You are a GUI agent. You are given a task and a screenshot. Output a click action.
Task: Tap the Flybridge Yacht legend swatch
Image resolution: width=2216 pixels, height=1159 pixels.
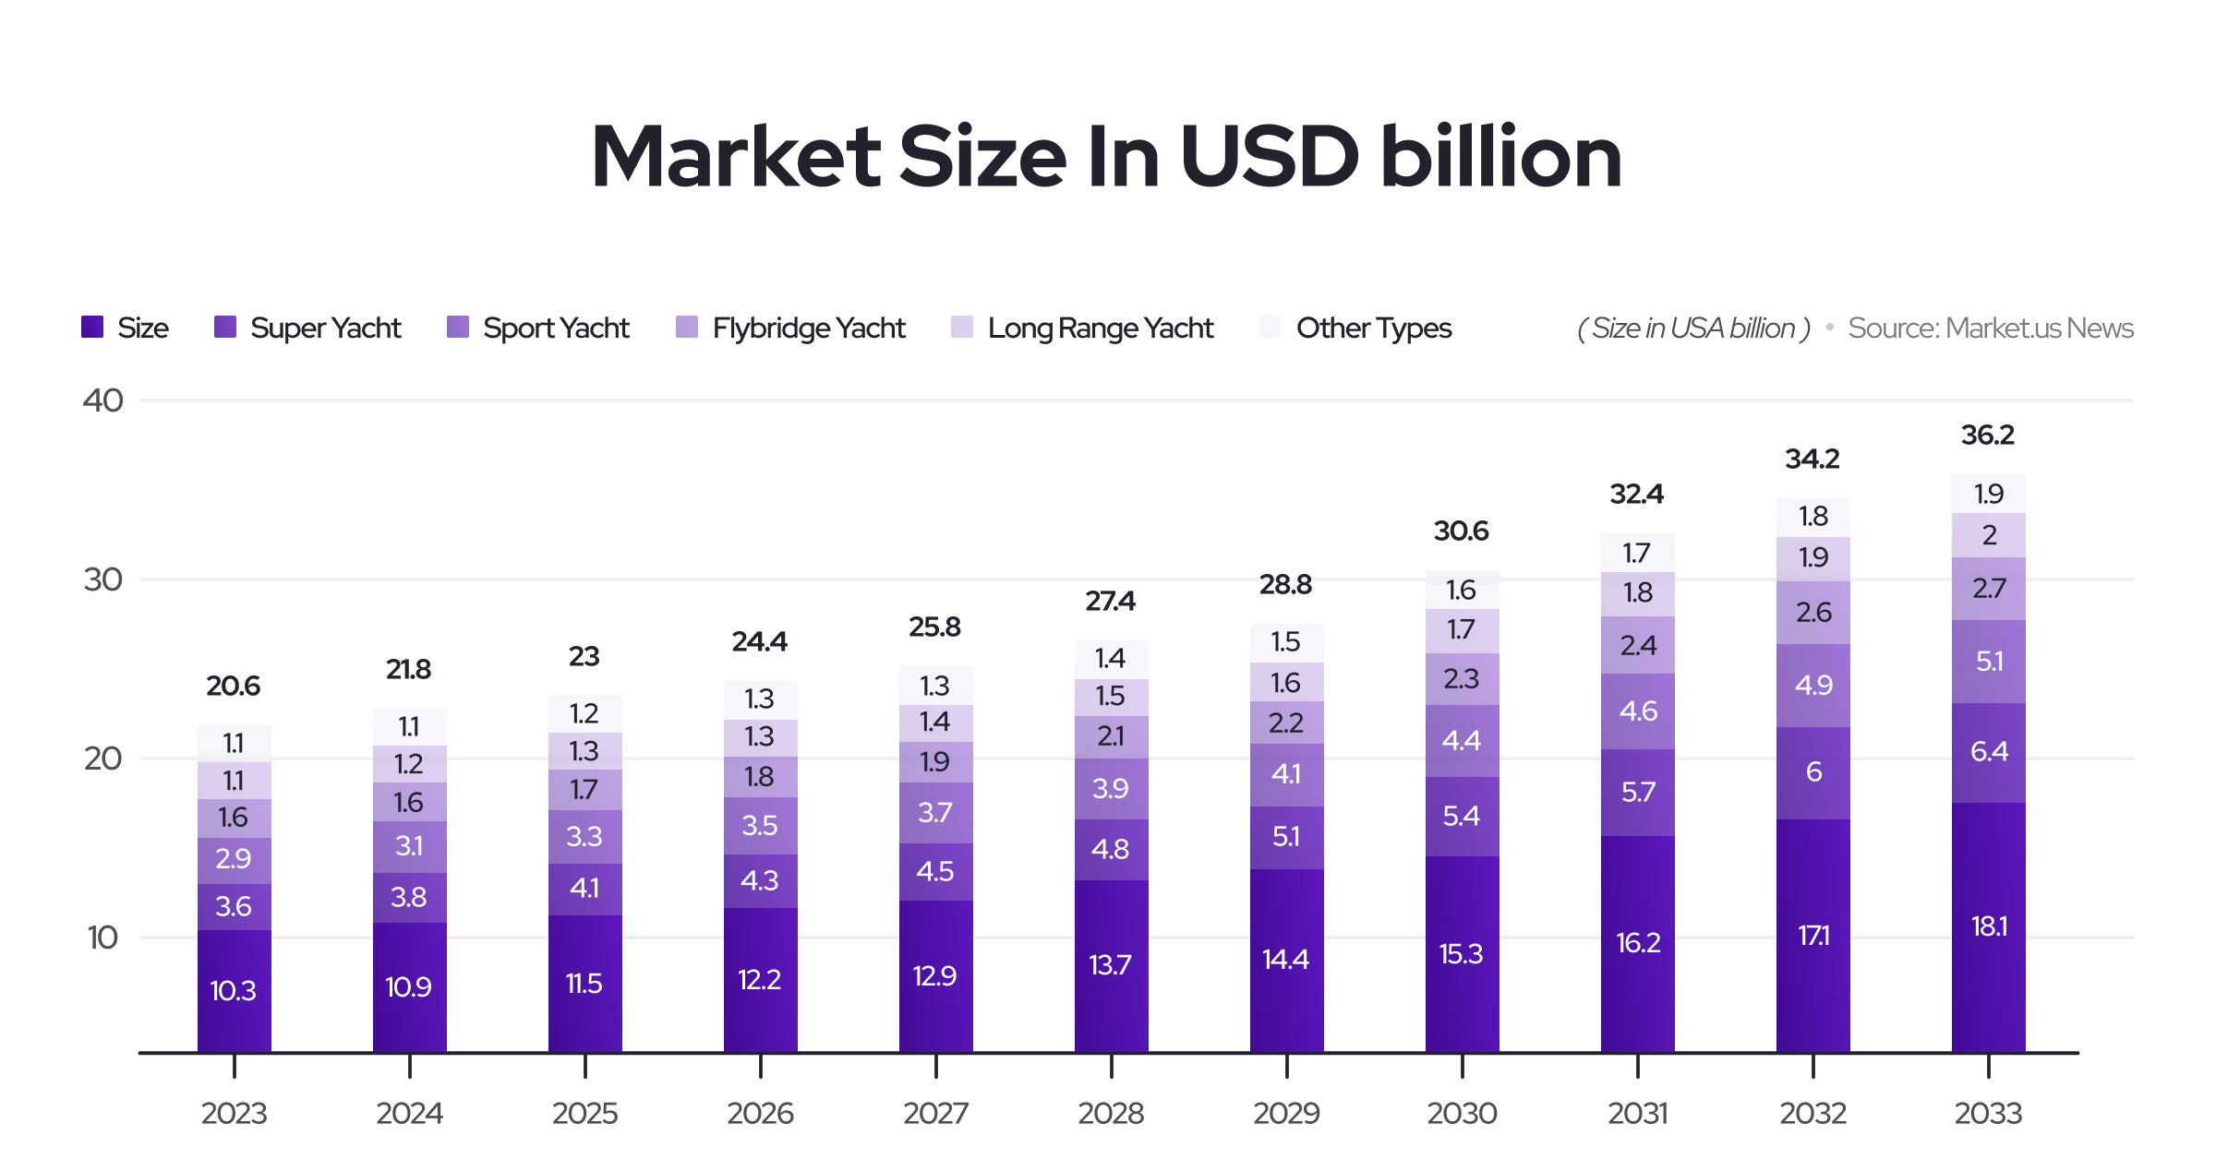click(x=686, y=328)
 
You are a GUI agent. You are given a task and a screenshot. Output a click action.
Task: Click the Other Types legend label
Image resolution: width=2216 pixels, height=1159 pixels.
click(x=1373, y=328)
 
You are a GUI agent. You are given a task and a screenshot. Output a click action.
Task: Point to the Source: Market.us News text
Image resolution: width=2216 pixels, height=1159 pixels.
click(x=1990, y=328)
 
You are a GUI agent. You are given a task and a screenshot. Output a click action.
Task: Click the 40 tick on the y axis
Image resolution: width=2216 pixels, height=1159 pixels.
click(x=102, y=400)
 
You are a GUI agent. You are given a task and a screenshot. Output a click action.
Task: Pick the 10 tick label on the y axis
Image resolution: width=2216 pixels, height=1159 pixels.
click(x=102, y=938)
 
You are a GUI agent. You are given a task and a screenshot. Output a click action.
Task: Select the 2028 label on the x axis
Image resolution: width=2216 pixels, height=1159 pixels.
click(x=1111, y=1113)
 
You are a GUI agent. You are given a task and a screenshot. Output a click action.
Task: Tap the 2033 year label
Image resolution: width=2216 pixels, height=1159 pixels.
click(x=1988, y=1113)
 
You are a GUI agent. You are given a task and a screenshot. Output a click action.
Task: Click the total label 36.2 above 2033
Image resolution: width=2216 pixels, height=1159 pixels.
click(x=1987, y=435)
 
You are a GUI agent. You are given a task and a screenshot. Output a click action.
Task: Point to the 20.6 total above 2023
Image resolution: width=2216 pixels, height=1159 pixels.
click(x=233, y=686)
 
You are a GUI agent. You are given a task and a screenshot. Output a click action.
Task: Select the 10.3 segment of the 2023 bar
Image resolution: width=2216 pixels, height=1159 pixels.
click(x=234, y=990)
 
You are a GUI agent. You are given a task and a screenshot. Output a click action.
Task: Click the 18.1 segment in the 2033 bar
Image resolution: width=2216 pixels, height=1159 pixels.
click(x=1989, y=926)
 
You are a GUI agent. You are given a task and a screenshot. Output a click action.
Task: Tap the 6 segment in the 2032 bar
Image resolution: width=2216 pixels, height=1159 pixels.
click(x=1813, y=771)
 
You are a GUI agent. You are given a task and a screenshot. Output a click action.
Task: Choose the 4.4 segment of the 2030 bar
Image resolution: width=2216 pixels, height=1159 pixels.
click(x=1462, y=740)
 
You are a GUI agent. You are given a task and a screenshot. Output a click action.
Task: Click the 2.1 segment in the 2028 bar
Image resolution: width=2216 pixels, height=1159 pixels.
click(x=1111, y=736)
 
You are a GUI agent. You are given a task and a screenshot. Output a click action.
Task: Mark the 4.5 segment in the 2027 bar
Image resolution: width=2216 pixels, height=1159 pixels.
click(x=935, y=871)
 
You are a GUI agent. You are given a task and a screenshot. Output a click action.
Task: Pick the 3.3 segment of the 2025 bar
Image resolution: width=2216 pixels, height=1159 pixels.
click(x=584, y=836)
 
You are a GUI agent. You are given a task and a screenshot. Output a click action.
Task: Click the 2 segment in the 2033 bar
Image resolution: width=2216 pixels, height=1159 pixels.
click(x=1989, y=535)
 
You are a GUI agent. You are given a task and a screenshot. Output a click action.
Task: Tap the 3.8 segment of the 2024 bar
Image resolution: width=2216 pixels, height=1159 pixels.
click(x=409, y=897)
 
